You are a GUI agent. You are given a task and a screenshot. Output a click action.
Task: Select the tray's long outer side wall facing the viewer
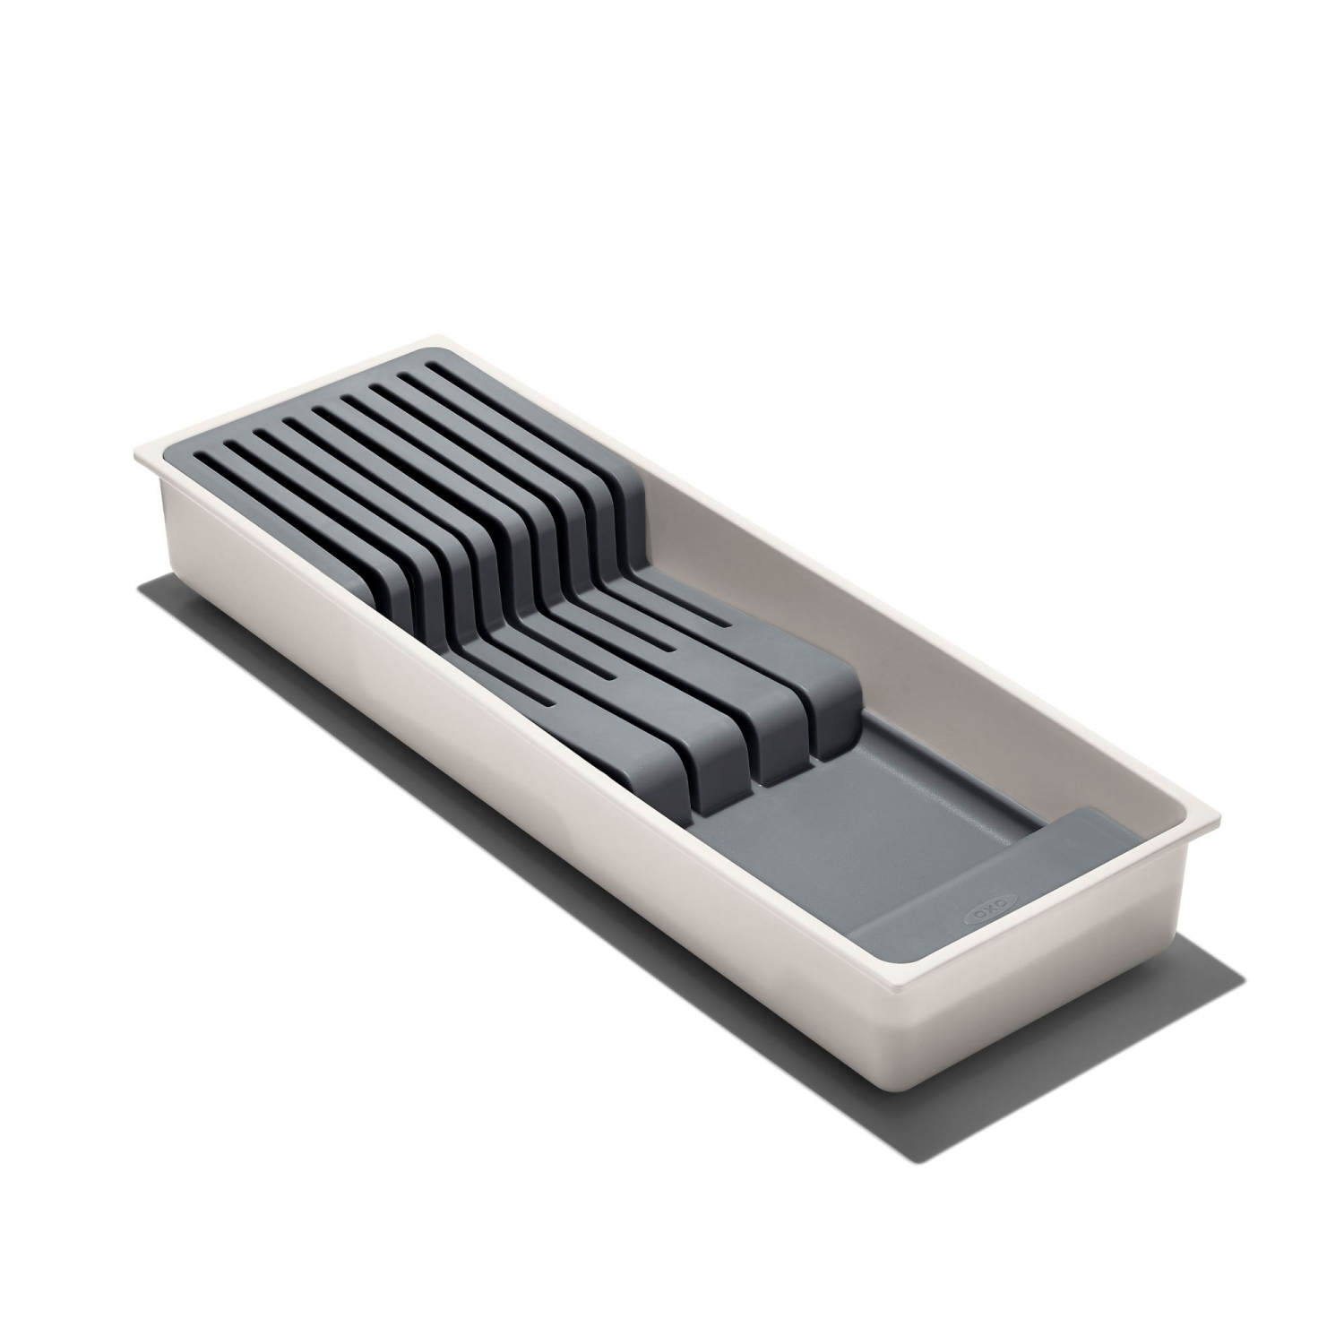click(x=493, y=806)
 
